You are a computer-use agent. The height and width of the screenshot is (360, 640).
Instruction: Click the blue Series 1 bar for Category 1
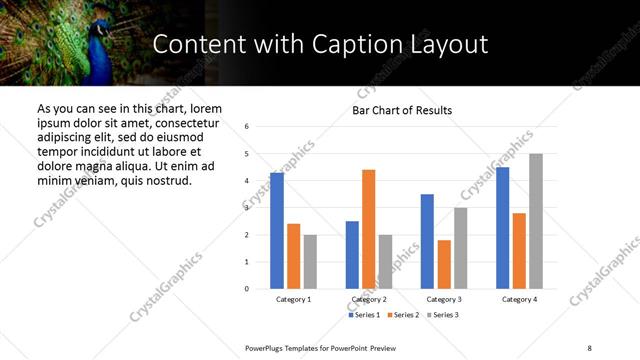point(277,231)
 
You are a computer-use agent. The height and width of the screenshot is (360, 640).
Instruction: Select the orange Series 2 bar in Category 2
point(368,229)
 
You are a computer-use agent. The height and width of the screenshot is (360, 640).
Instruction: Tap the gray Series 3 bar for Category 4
point(536,221)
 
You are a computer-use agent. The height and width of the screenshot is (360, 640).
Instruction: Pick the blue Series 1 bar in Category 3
point(427,241)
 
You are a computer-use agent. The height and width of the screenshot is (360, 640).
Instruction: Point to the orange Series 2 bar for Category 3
point(444,264)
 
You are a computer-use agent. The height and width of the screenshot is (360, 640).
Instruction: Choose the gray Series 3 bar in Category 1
point(310,262)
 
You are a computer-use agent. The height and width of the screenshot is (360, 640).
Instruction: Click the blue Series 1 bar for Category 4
point(503,228)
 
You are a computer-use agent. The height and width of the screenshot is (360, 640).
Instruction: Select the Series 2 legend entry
point(403,315)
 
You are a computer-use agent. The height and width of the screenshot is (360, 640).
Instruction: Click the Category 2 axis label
point(369,300)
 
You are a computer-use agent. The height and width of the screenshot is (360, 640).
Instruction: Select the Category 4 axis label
point(519,300)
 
